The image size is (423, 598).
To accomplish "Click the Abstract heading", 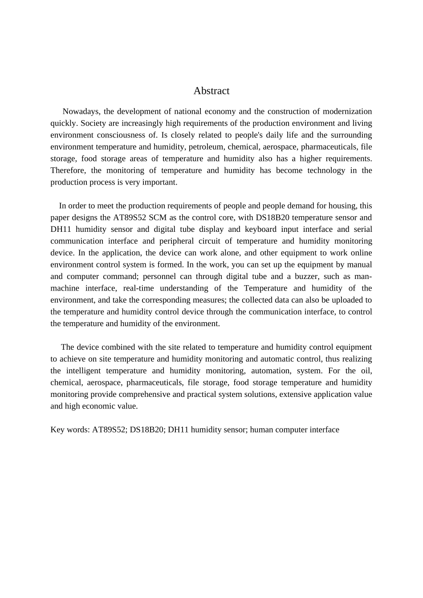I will pos(211,91).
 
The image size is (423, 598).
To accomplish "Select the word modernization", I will pos(347,111).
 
